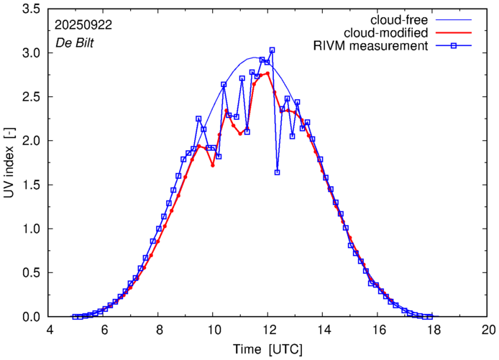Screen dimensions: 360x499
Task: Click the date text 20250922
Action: (x=83, y=24)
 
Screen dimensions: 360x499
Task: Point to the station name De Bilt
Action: (x=74, y=42)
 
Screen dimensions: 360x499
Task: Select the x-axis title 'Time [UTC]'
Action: (x=268, y=349)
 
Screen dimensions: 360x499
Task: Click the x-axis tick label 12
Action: (x=268, y=331)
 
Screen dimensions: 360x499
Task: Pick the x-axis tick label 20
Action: (x=488, y=331)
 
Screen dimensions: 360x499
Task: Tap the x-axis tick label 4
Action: (x=50, y=331)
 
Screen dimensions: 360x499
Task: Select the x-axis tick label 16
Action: (x=378, y=331)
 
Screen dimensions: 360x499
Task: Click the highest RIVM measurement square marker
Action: (x=272, y=50)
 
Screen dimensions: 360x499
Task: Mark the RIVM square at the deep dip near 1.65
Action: (x=277, y=172)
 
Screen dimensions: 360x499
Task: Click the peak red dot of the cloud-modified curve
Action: (x=267, y=73)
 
